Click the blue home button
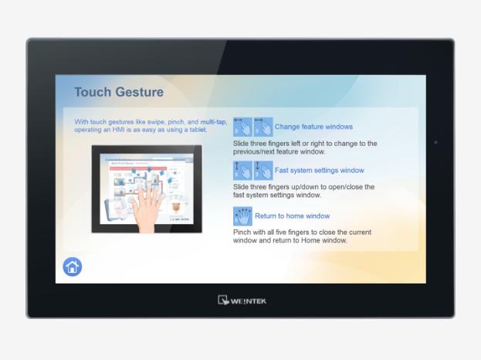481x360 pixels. tap(73, 267)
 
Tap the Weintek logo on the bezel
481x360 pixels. tap(242, 301)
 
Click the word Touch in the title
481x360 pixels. tap(93, 92)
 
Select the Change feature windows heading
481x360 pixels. tap(313, 127)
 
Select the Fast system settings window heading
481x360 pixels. tap(320, 170)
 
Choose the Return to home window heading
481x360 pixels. tap(293, 216)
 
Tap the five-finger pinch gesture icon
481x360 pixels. tap(242, 216)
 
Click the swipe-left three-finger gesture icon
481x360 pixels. tap(242, 127)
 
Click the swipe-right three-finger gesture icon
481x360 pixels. tap(263, 127)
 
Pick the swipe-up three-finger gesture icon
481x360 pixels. tap(242, 170)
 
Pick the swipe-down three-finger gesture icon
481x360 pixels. tap(263, 170)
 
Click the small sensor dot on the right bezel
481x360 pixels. tap(435, 143)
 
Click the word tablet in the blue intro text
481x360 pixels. tap(198, 130)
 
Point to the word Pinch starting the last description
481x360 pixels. tap(242, 233)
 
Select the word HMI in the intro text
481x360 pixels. tap(118, 130)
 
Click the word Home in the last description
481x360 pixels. tap(310, 240)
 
